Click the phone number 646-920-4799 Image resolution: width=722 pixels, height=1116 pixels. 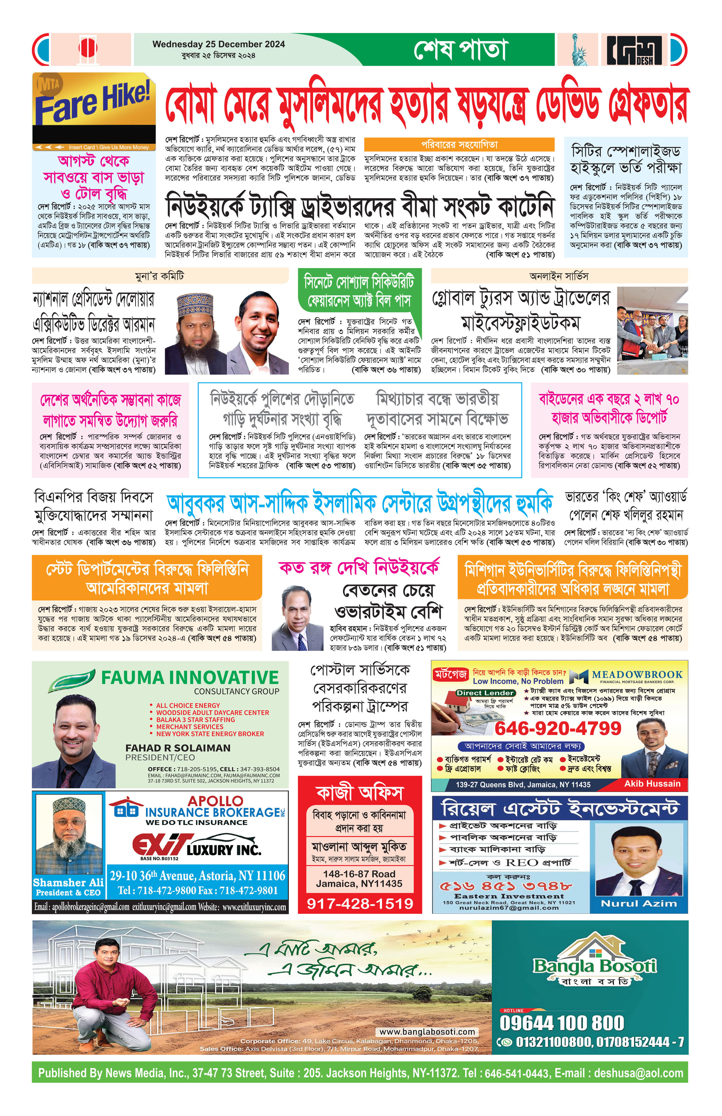tap(558, 728)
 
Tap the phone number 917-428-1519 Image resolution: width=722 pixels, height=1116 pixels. tap(360, 904)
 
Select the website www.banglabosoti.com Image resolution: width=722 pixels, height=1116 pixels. tap(427, 1032)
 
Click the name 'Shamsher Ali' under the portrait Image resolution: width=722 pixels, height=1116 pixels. tap(69, 882)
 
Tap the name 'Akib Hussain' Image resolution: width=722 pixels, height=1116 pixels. tap(652, 783)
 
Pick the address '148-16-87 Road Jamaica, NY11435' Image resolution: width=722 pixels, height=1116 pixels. tap(359, 879)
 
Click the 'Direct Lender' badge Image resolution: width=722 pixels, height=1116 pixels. tap(485, 693)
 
